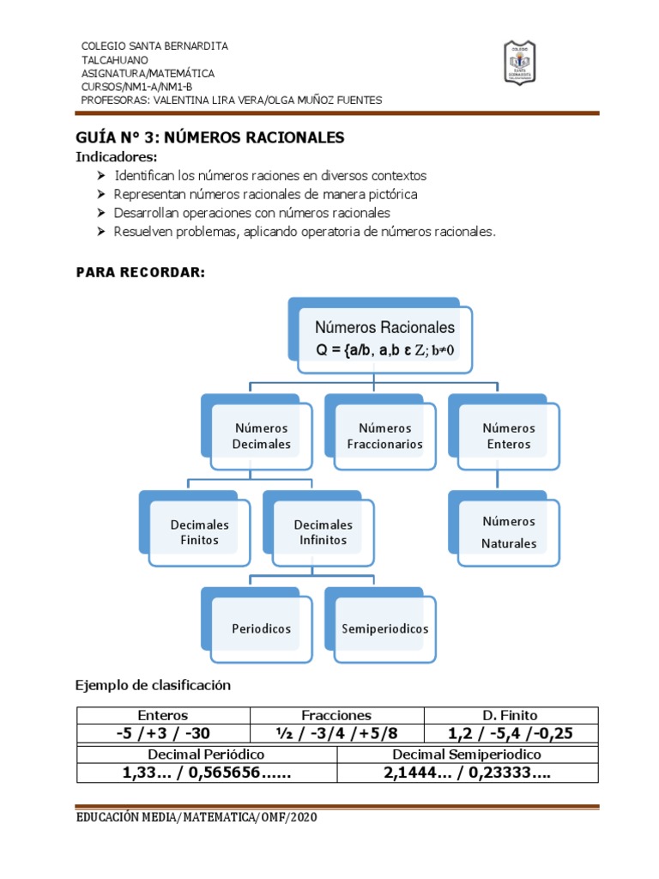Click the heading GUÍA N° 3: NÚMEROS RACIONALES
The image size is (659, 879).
[x=210, y=137]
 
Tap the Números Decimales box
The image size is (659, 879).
[x=261, y=436]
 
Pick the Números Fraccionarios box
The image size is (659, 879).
[x=384, y=436]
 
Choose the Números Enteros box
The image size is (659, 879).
[x=508, y=436]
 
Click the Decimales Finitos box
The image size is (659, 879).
[x=199, y=532]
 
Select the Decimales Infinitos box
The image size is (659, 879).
[x=323, y=532]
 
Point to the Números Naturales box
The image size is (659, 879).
[x=508, y=532]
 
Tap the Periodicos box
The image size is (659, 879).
[x=261, y=628]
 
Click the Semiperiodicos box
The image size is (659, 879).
[x=384, y=628]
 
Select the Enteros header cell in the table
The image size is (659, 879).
[x=163, y=715]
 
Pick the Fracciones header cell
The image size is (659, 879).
[x=336, y=715]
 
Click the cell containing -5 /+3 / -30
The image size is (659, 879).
[x=163, y=733]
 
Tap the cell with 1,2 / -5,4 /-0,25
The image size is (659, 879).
[x=511, y=733]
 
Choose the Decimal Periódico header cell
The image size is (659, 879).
[x=206, y=754]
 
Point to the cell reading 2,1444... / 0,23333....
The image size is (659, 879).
[x=468, y=773]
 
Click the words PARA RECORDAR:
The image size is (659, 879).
[x=141, y=272]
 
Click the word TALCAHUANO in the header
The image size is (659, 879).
[x=114, y=60]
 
